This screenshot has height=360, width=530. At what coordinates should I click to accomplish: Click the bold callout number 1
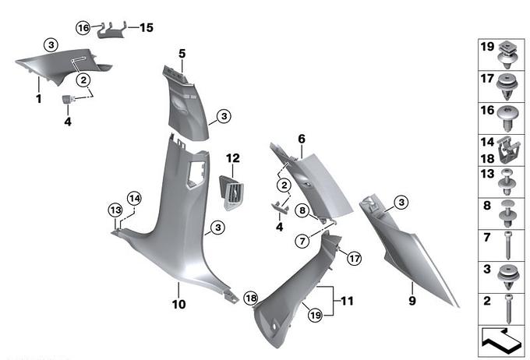(x=37, y=99)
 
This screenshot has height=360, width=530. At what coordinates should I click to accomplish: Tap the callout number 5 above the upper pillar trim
(x=182, y=54)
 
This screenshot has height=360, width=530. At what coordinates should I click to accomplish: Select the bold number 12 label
(x=233, y=158)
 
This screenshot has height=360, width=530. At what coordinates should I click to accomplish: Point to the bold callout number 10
(x=179, y=305)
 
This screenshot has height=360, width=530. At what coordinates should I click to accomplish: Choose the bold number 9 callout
(x=412, y=298)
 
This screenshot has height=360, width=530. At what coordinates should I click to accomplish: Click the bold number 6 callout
(x=301, y=139)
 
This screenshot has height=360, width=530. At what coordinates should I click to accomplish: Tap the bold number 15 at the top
(x=146, y=27)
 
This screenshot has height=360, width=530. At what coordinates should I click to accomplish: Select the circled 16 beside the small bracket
(x=83, y=27)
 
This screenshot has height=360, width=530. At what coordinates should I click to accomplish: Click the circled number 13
(x=115, y=210)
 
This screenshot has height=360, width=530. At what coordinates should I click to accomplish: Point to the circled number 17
(x=354, y=258)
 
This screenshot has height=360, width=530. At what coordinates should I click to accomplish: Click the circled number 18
(x=250, y=298)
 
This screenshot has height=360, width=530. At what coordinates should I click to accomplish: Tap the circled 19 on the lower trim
(x=314, y=314)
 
